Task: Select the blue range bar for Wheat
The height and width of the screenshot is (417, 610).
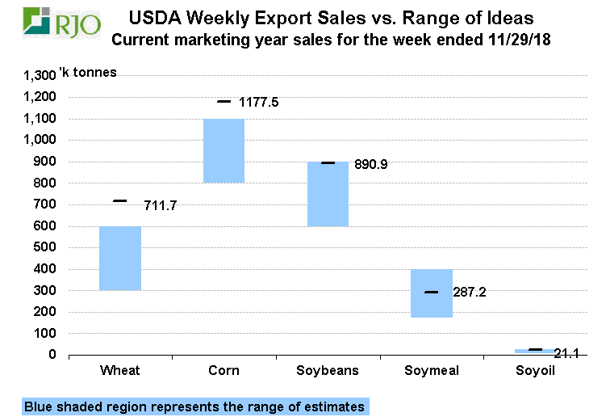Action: coord(120,258)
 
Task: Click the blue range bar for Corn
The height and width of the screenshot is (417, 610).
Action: coord(224,150)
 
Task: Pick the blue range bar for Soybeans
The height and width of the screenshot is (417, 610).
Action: coord(328,194)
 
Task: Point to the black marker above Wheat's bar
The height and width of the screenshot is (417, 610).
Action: coord(120,200)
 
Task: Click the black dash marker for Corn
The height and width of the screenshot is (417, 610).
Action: coord(224,102)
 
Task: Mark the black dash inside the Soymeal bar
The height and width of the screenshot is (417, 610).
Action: coord(432,292)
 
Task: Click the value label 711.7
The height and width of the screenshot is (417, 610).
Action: coord(159,205)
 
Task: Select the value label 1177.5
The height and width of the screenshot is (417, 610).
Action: coord(264,103)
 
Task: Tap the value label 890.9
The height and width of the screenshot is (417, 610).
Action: coord(370,164)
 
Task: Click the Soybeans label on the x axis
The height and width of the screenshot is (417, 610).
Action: coord(328,371)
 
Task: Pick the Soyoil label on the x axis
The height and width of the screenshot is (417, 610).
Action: coord(535,371)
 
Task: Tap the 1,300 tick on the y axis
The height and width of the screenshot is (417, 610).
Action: coord(40,75)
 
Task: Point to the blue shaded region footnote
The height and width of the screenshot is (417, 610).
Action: coord(194,406)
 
